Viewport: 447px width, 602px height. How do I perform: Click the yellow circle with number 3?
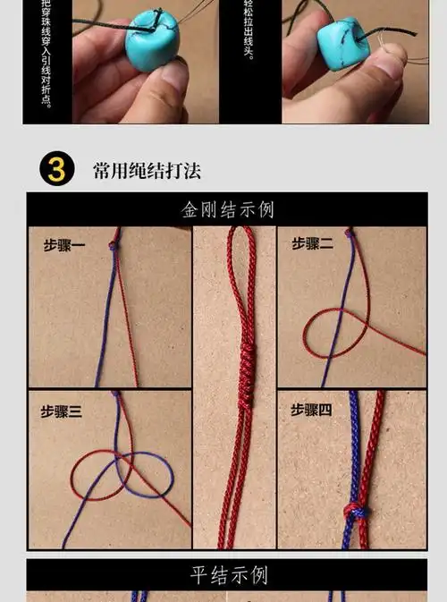[x=56, y=169]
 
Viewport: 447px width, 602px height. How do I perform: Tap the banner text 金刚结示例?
[x=227, y=210]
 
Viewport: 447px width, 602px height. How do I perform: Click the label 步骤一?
[x=64, y=244]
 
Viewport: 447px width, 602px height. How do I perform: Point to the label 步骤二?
[x=312, y=243]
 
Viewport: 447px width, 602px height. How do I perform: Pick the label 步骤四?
[x=311, y=410]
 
